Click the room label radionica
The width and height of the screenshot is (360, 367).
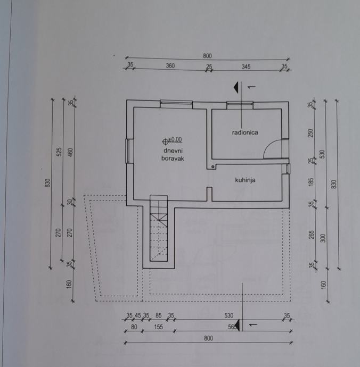pyautogui.click(x=245, y=132)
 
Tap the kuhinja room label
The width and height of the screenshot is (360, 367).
pyautogui.click(x=245, y=180)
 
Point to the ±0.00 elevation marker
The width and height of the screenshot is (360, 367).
pyautogui.click(x=172, y=140)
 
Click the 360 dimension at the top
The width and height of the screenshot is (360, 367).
pyautogui.click(x=170, y=66)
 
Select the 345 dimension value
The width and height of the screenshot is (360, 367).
pyautogui.click(x=246, y=66)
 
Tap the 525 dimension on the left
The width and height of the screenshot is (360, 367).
pyautogui.click(x=60, y=153)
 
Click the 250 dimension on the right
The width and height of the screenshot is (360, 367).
pyautogui.click(x=311, y=132)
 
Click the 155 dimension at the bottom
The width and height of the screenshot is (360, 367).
pyautogui.click(x=159, y=327)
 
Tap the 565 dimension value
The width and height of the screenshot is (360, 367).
pyautogui.click(x=232, y=327)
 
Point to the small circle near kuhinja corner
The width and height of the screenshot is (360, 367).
pyautogui.click(x=213, y=167)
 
